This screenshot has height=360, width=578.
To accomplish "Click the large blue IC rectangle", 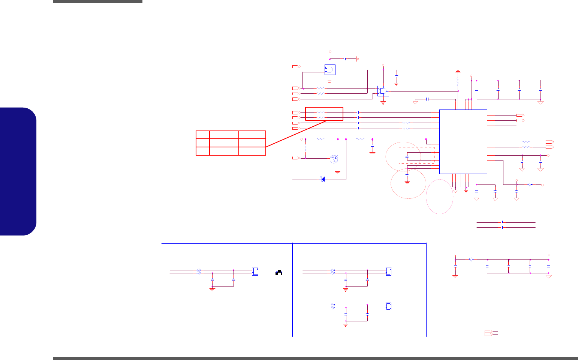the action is click(463, 142).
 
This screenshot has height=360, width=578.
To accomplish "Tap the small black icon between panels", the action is click(279, 273).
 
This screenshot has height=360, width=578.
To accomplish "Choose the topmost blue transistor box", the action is click(330, 70).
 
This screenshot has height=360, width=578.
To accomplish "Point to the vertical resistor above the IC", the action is click(458, 81).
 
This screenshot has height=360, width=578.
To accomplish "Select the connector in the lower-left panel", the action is click(255, 271).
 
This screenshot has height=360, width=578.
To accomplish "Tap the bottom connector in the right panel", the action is click(389, 306).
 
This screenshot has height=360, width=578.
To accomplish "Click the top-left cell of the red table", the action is click(203, 135).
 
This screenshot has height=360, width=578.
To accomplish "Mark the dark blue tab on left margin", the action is click(18, 171).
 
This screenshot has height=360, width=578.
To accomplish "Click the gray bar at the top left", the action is click(98, 1).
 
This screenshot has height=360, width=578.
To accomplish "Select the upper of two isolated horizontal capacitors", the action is click(502, 222).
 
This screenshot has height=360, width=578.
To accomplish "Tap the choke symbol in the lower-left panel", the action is click(199, 271).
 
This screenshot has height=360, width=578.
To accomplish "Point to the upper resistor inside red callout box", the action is click(320, 112).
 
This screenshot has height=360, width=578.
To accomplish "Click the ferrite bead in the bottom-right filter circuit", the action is click(471, 259).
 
